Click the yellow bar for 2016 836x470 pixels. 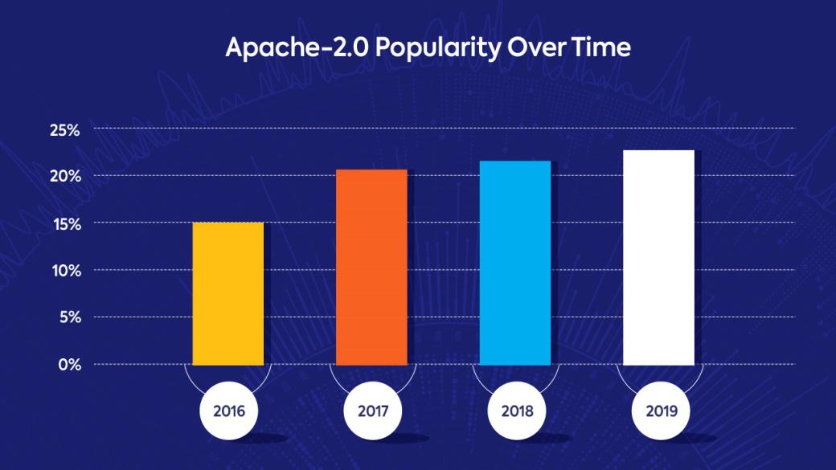(x=228, y=293)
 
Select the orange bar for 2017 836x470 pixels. (x=371, y=267)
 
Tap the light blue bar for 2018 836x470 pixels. (x=515, y=263)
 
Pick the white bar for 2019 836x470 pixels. (x=658, y=257)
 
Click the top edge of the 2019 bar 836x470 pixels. (x=658, y=151)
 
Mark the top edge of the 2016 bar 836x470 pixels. (x=228, y=223)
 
